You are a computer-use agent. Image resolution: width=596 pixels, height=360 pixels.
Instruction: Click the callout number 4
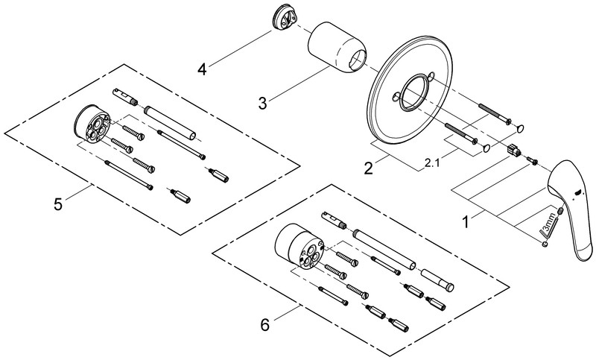(201, 69)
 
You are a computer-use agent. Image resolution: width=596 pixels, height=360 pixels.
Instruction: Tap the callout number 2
(368, 168)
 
